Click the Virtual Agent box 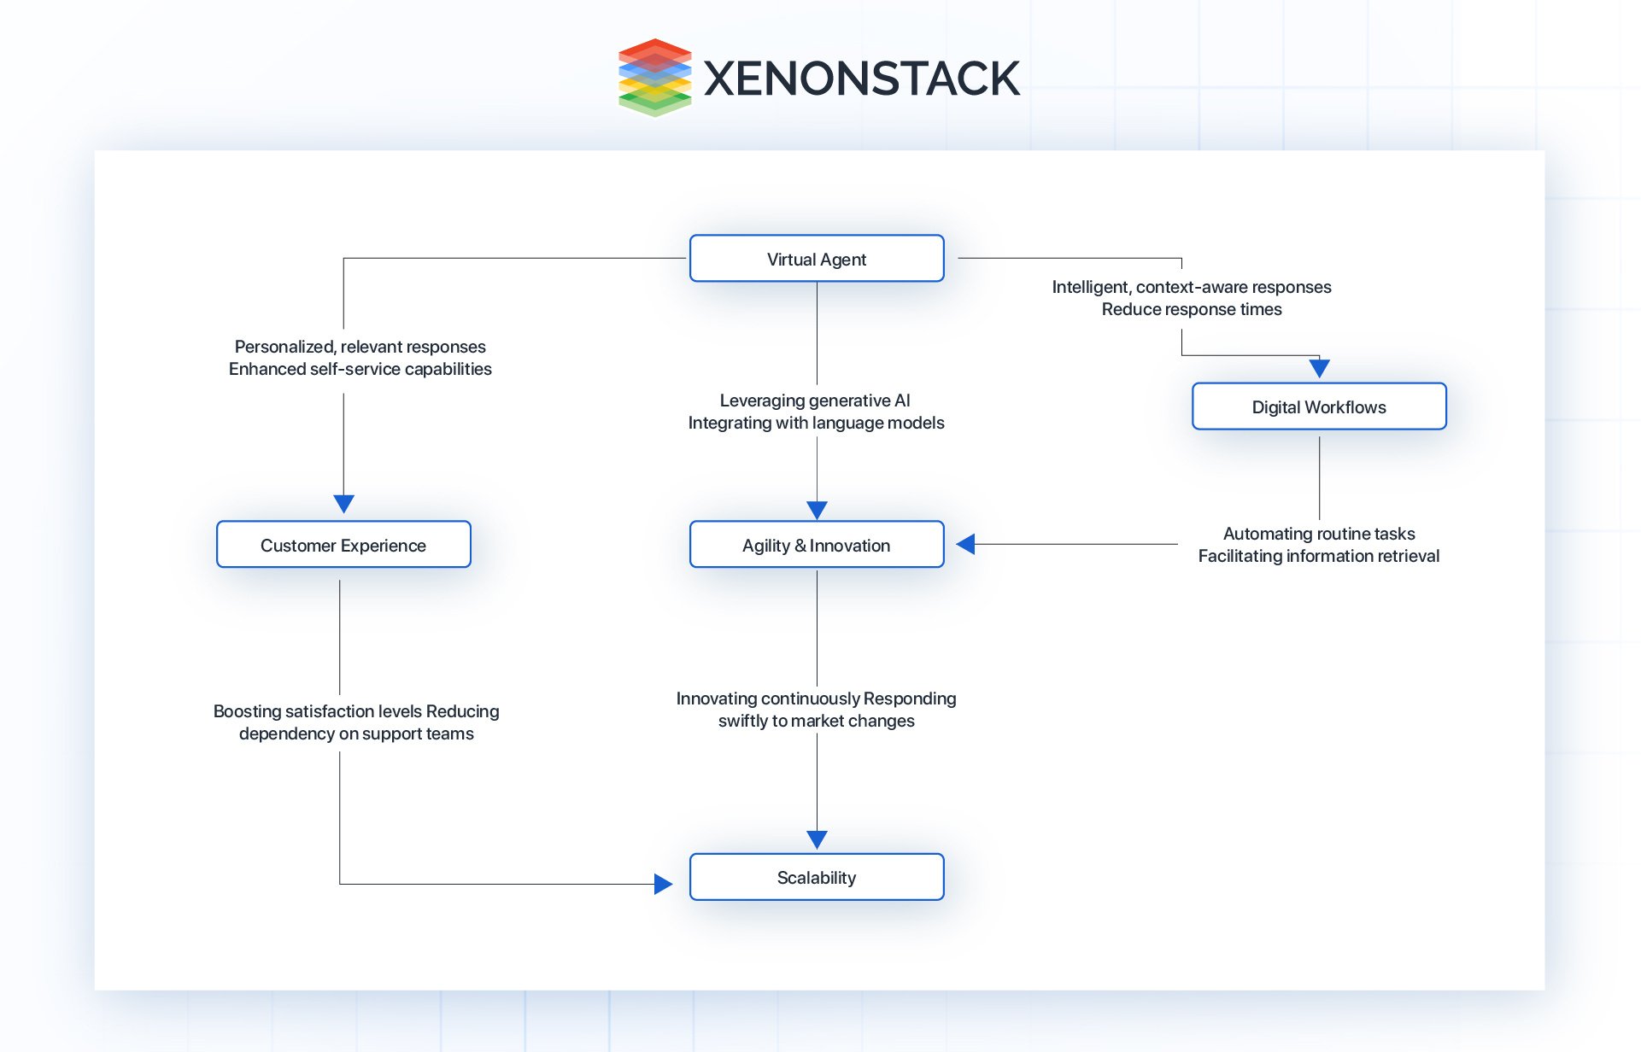click(x=817, y=259)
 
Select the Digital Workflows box click(x=1318, y=406)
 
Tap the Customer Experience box click(x=343, y=545)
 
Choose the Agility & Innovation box click(x=817, y=545)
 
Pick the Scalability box click(x=817, y=877)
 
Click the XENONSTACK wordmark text click(x=861, y=79)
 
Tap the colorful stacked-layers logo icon click(x=654, y=77)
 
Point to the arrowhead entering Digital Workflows click(x=1319, y=368)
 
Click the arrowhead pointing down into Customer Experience click(x=343, y=503)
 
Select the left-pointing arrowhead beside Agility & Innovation click(x=966, y=544)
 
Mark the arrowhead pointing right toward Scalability click(x=663, y=884)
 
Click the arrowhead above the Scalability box click(x=817, y=839)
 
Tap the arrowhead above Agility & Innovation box click(x=817, y=510)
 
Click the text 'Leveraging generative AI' click(x=815, y=400)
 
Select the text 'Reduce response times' click(x=1191, y=309)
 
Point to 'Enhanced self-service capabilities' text click(x=360, y=369)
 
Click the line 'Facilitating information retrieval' click(x=1318, y=556)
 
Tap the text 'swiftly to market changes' click(x=816, y=721)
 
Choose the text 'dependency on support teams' click(x=356, y=733)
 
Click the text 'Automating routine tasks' click(x=1318, y=534)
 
